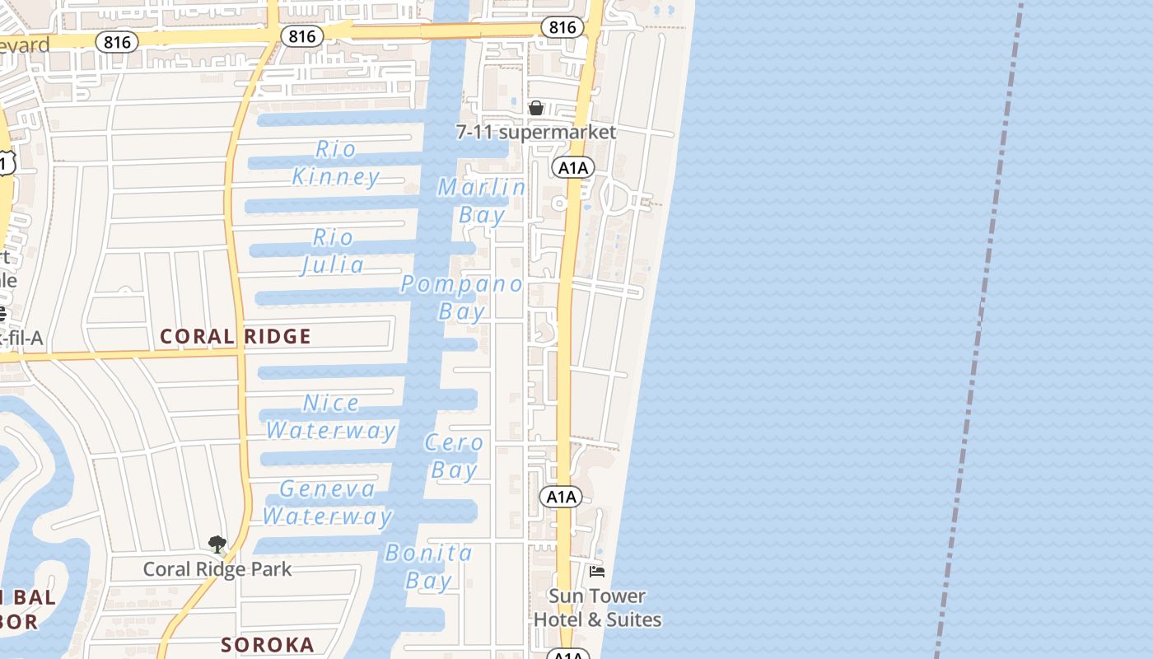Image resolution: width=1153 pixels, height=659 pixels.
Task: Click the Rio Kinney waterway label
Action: click(x=336, y=162)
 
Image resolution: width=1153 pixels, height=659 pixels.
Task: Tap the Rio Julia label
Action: click(x=333, y=251)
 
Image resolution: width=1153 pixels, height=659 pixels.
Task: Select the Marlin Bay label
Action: click(x=482, y=200)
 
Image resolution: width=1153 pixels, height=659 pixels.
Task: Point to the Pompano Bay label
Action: click(x=462, y=297)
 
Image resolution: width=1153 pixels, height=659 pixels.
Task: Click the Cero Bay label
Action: click(x=454, y=456)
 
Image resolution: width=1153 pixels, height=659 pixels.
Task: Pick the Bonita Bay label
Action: click(x=429, y=566)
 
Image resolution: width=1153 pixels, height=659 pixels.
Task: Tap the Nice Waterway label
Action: click(x=331, y=417)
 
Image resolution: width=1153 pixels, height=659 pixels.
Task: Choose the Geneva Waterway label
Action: click(x=327, y=502)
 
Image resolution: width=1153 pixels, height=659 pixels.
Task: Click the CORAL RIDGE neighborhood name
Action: click(x=236, y=336)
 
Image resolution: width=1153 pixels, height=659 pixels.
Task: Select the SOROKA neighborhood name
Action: click(x=268, y=645)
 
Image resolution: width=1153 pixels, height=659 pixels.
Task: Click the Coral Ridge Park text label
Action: click(x=217, y=569)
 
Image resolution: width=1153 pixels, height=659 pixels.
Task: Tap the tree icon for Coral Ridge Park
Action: click(x=217, y=544)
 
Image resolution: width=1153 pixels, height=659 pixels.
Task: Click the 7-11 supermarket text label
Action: click(x=536, y=132)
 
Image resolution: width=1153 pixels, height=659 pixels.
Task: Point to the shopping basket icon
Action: click(x=536, y=108)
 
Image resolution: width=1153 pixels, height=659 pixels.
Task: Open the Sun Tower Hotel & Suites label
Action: click(x=597, y=607)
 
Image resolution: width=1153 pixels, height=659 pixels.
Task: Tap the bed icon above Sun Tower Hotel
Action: click(x=597, y=571)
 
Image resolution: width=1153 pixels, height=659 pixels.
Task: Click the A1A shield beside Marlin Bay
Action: click(x=573, y=168)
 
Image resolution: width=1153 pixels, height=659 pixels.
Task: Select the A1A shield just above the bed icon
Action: click(x=561, y=497)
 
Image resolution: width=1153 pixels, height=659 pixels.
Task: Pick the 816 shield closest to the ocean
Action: click(x=562, y=27)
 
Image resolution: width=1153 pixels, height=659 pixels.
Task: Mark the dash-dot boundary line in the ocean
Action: click(x=980, y=313)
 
